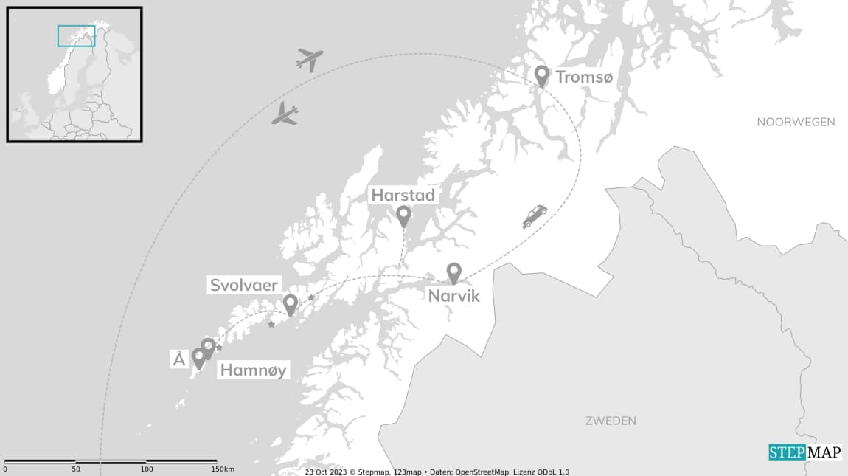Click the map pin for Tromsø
tap(542, 75)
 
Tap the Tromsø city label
tap(584, 77)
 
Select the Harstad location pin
tap(403, 215)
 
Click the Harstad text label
tap(403, 196)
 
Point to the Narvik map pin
tap(453, 272)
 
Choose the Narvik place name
tap(453, 296)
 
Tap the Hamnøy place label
tap(252, 370)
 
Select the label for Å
tap(178, 359)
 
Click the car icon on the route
tap(535, 215)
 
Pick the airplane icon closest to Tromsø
tap(310, 59)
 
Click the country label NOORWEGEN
tap(796, 122)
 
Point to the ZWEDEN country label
tap(611, 421)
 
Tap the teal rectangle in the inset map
tap(77, 36)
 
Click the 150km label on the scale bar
tap(223, 469)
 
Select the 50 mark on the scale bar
tap(76, 469)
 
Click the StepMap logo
tap(804, 452)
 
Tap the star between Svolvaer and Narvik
tap(311, 297)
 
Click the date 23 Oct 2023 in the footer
tap(325, 472)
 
